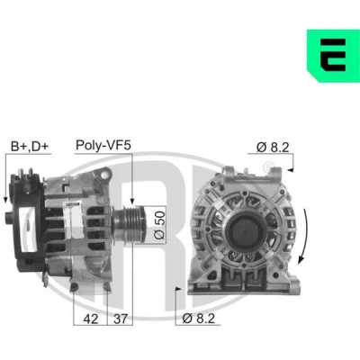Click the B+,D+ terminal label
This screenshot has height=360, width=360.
pyautogui.click(x=30, y=147)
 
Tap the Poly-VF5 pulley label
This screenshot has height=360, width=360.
pyautogui.click(x=103, y=145)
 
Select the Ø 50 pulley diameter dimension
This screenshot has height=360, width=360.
pyautogui.click(x=159, y=225)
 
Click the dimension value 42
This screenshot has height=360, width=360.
pyautogui.click(x=91, y=319)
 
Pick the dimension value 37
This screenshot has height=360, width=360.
pyautogui.click(x=121, y=319)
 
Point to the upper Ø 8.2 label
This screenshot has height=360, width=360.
pyautogui.click(x=273, y=148)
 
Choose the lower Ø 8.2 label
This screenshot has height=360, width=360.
pyautogui.click(x=199, y=319)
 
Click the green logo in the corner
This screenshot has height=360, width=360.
pyautogui.click(x=333, y=56)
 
